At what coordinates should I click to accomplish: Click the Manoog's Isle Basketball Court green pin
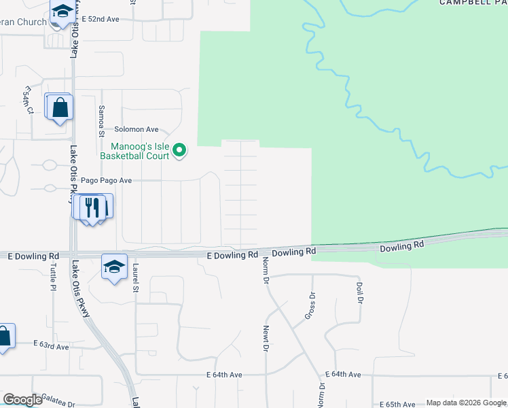pyautogui.click(x=179, y=150)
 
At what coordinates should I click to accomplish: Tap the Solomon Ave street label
pyautogui.click(x=136, y=129)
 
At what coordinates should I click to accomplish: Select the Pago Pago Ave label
pyautogui.click(x=106, y=181)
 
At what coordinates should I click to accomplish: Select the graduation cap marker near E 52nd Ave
pyautogui.click(x=62, y=12)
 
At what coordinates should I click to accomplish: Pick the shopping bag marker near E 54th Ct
pyautogui.click(x=60, y=107)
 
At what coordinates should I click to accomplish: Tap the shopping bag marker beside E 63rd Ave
pyautogui.click(x=3, y=336)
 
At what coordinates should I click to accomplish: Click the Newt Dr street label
pyautogui.click(x=266, y=337)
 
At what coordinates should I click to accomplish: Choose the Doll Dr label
pyautogui.click(x=359, y=292)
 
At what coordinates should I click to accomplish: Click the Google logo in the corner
pyautogui.click(x=22, y=400)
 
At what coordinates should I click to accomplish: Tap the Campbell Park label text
pyautogui.click(x=473, y=3)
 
